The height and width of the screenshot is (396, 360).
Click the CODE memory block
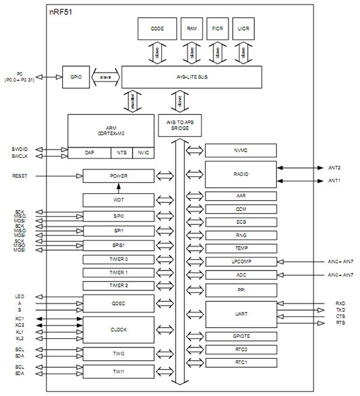[x=157, y=28]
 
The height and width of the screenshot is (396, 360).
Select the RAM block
[x=191, y=28]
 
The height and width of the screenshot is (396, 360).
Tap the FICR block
[x=217, y=28]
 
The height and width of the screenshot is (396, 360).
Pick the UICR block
[x=243, y=28]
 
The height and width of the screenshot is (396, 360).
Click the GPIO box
[x=75, y=77]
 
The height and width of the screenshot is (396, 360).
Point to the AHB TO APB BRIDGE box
[x=179, y=124]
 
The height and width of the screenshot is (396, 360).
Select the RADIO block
[x=241, y=174]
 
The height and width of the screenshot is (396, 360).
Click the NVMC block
[x=241, y=150]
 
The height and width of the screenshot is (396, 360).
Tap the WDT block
[x=118, y=199]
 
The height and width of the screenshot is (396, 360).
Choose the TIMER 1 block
[x=118, y=272]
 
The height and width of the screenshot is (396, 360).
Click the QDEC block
[x=118, y=303]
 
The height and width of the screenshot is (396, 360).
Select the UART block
[x=241, y=314]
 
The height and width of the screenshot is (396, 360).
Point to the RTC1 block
[x=241, y=363]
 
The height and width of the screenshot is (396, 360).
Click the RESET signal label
[x=20, y=176]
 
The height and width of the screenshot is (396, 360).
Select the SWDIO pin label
[x=20, y=148]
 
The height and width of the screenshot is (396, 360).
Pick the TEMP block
[x=241, y=248]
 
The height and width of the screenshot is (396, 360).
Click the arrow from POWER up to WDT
[x=118, y=188]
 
